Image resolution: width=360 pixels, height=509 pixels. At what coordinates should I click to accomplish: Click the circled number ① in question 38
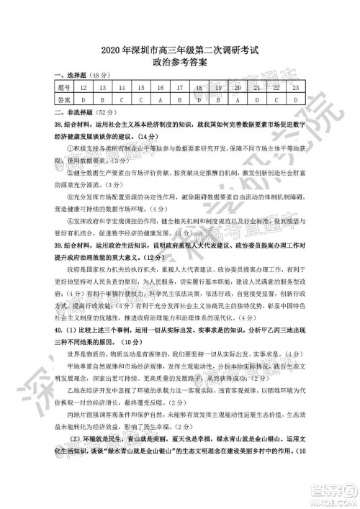click(x=70, y=148)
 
